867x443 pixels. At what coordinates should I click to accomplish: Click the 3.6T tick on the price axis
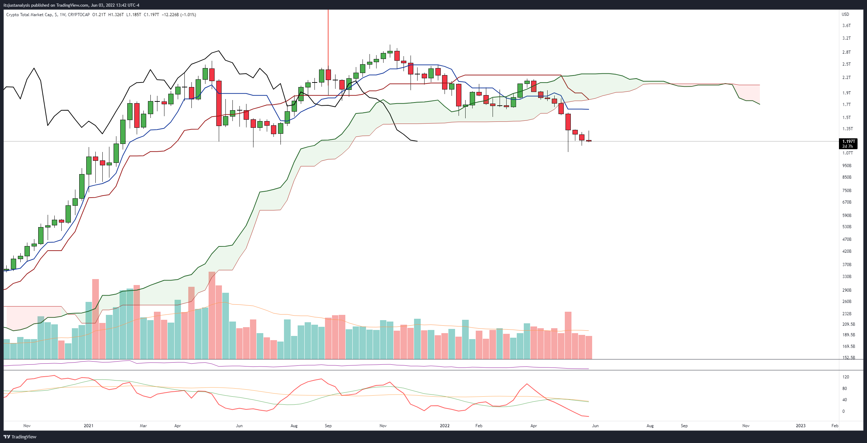(x=847, y=26)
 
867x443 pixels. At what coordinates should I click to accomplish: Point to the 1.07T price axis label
(x=848, y=153)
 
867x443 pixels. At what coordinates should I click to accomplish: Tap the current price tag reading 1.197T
(x=848, y=141)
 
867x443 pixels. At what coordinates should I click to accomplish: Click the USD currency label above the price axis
(x=846, y=14)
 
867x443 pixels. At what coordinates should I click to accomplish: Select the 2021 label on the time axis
(x=88, y=426)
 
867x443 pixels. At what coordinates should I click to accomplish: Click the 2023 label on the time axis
(x=800, y=426)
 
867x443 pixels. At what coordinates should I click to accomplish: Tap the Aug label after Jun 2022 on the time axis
(x=650, y=426)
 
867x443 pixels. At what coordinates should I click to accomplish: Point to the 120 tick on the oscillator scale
(x=846, y=377)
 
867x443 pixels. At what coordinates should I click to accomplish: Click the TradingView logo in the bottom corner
(x=20, y=437)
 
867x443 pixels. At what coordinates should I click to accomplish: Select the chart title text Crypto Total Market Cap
(x=29, y=15)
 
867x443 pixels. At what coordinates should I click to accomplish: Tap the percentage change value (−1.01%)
(x=188, y=15)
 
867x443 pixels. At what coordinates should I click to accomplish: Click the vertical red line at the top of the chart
(x=328, y=35)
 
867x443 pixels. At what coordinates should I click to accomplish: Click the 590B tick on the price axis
(x=847, y=216)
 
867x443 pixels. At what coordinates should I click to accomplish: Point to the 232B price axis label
(x=847, y=314)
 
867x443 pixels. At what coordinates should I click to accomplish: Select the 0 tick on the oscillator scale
(x=844, y=411)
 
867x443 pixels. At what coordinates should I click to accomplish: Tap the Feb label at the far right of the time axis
(x=835, y=426)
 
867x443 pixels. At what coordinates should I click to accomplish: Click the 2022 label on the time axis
(x=445, y=426)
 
